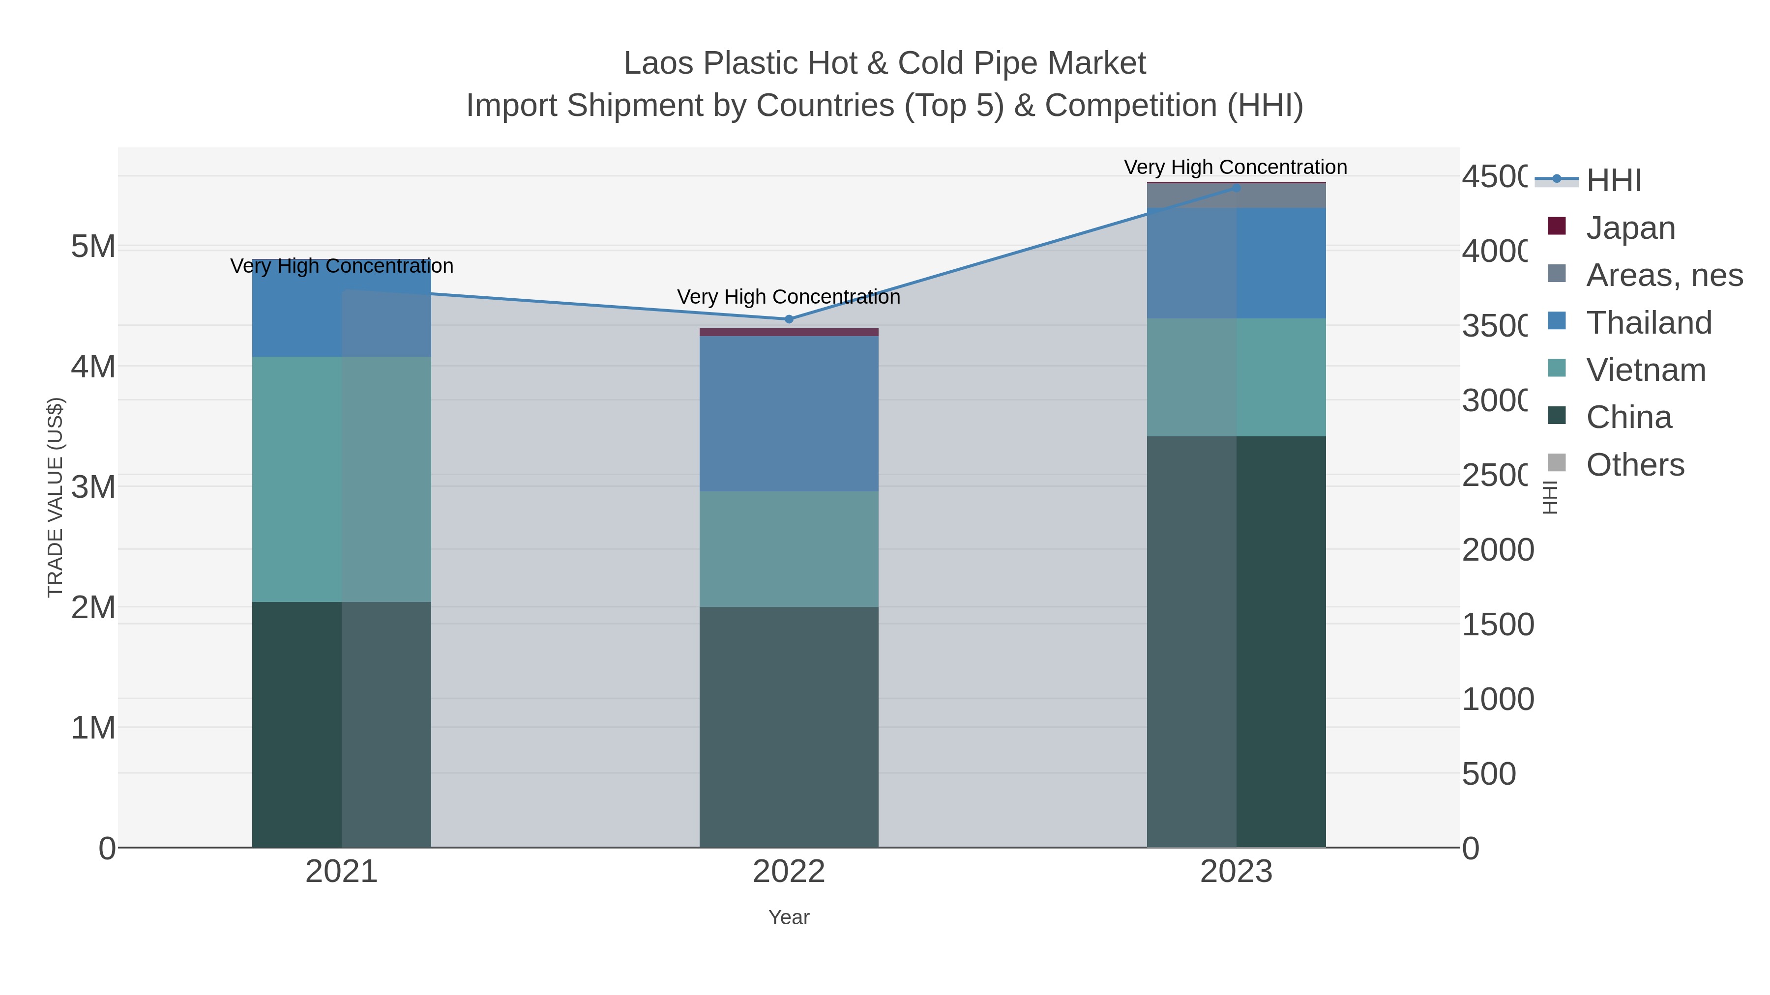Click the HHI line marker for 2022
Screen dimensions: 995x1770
tap(789, 319)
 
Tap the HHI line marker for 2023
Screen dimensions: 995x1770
tap(1236, 188)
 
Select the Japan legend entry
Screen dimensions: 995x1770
tap(1630, 228)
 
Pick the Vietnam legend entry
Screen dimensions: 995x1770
tap(1645, 370)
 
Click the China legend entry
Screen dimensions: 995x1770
tap(1628, 418)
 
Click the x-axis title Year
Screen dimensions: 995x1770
tap(789, 917)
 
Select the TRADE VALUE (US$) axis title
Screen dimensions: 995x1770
tap(55, 498)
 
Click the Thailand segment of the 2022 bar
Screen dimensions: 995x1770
tap(789, 413)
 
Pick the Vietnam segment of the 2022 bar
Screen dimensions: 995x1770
tap(789, 549)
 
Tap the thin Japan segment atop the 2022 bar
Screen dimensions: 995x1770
tap(789, 332)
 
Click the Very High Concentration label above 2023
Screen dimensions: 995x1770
tap(1236, 168)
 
